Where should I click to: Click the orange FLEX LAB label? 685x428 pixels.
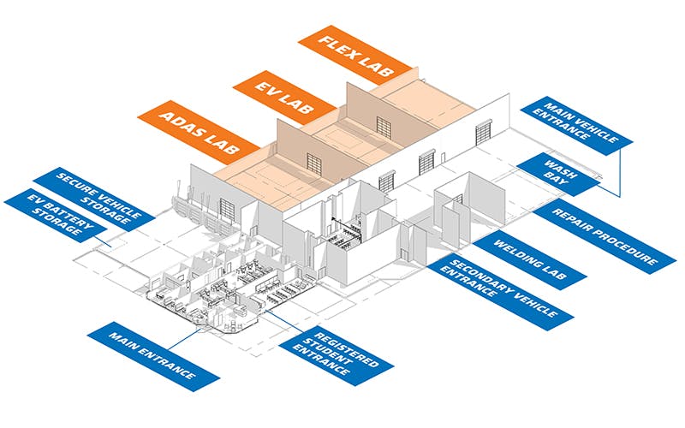[354, 54]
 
